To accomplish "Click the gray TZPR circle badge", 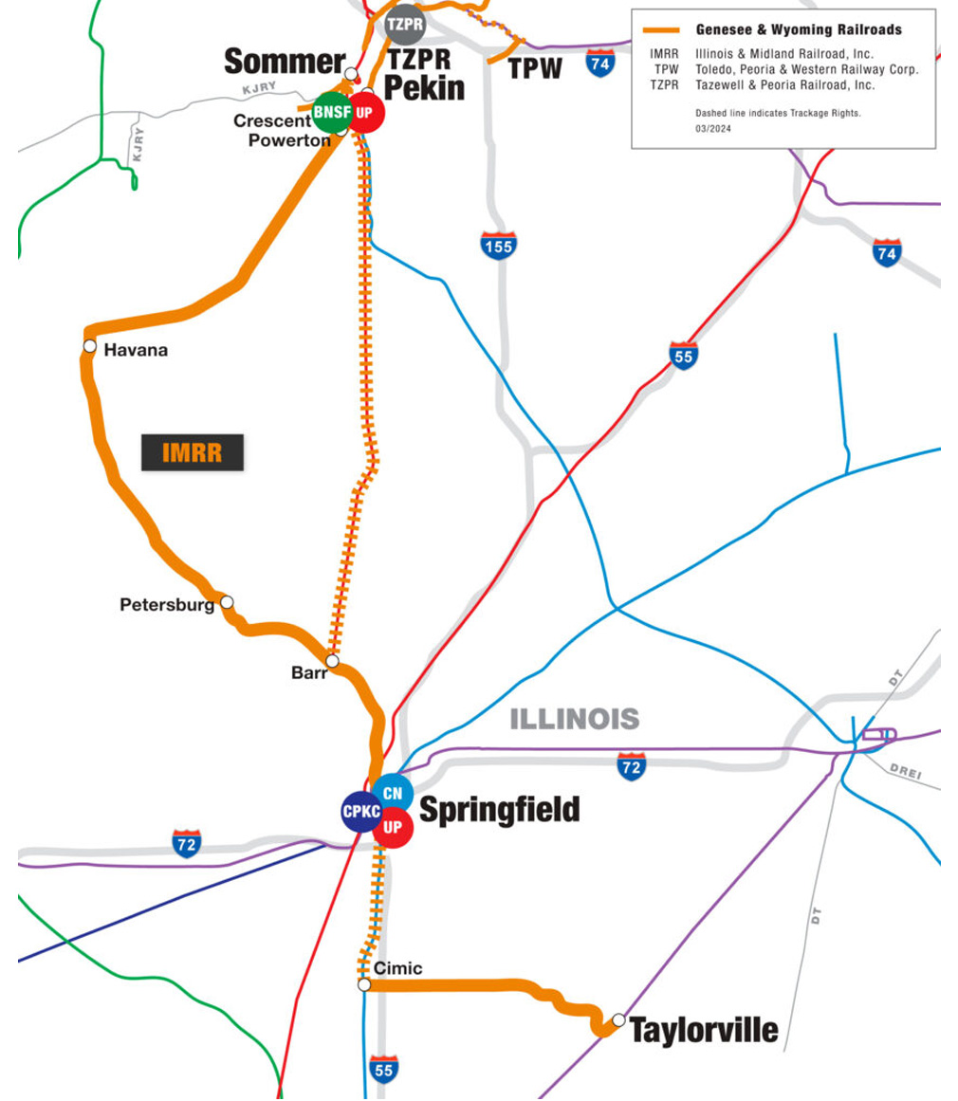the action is point(405,25).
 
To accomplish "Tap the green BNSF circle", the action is point(332,112).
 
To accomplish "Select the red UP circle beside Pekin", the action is point(364,112).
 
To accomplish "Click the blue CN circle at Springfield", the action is point(393,794).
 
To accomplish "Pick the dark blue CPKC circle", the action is point(361,812).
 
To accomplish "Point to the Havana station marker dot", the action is point(90,346).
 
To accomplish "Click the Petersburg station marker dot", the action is point(227,602).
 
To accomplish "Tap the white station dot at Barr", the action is point(332,661).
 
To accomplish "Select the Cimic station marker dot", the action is point(364,985).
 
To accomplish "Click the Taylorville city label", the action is point(704,1030).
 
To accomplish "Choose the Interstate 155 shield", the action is point(499,246).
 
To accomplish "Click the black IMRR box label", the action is point(193,452).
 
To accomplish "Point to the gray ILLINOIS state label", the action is point(575,719).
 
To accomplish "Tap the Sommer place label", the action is point(285,62).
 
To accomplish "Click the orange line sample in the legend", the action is point(662,30).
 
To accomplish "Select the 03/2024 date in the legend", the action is point(713,128).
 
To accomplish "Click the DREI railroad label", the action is point(905,772).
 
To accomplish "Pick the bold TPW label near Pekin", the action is point(535,69).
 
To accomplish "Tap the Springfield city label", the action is point(499,810).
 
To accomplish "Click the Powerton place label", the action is point(289,140).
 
